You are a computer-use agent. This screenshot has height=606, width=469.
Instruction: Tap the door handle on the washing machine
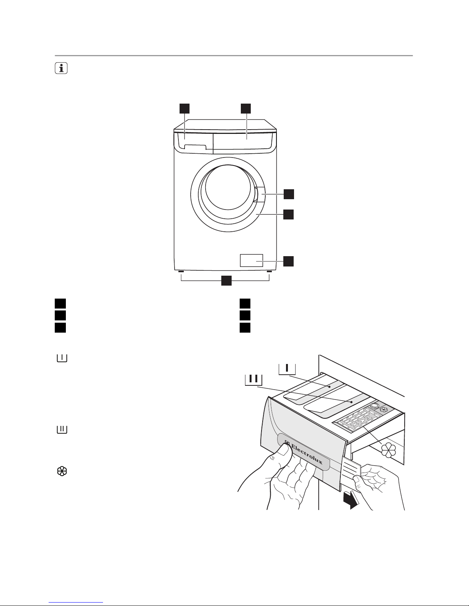click(x=259, y=194)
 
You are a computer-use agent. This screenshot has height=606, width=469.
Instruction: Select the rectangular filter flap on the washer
click(x=251, y=260)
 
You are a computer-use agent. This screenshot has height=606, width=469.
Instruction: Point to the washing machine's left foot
click(x=181, y=271)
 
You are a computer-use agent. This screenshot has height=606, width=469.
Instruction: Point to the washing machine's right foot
click(x=269, y=271)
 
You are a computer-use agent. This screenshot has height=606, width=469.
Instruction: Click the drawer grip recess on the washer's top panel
click(x=195, y=147)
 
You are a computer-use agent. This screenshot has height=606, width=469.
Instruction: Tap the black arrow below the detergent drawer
click(x=350, y=500)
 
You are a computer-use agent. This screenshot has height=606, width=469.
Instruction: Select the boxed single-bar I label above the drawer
click(x=287, y=369)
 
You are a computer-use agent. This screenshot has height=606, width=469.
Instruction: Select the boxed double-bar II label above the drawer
click(x=254, y=380)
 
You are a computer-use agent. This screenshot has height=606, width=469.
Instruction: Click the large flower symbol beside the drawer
click(x=388, y=450)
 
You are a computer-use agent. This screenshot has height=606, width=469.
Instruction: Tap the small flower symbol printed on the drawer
click(x=384, y=409)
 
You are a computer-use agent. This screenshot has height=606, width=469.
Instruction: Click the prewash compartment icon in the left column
click(x=62, y=358)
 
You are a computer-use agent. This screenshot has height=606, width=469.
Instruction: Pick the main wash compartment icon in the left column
click(x=62, y=429)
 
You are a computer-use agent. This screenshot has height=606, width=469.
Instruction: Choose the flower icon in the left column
click(x=62, y=471)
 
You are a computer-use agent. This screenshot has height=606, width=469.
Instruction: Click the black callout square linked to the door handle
click(x=289, y=194)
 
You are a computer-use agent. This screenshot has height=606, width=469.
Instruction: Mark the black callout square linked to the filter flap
click(x=288, y=261)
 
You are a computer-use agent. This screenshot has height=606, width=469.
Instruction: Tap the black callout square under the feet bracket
click(x=226, y=281)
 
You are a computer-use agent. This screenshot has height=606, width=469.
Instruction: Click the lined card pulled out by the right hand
click(x=351, y=471)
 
